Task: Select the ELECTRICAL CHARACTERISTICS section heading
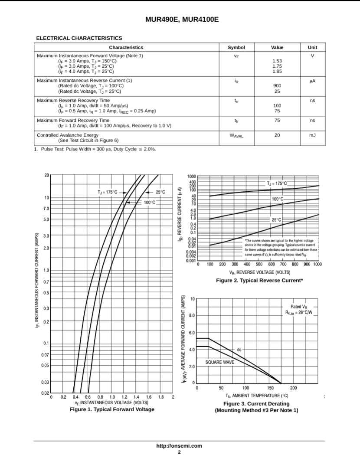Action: click(79, 38)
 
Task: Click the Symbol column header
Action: click(236, 48)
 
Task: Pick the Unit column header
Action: click(312, 48)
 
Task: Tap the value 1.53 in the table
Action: click(277, 61)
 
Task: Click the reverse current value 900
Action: click(277, 86)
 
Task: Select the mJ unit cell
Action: click(312, 135)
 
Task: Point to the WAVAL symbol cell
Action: click(236, 136)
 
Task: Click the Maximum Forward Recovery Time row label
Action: click(73, 120)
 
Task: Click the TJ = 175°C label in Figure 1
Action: click(107, 192)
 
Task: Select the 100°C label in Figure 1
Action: click(150, 202)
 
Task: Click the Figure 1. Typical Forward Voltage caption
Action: click(112, 409)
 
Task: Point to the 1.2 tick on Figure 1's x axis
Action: click(124, 397)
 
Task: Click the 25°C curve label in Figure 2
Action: click(277, 220)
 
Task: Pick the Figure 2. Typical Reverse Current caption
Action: click(259, 281)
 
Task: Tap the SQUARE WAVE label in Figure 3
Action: click(219, 362)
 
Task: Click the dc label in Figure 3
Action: click(239, 349)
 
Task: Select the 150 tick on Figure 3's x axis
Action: click(270, 388)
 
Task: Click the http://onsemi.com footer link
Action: click(179, 446)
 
